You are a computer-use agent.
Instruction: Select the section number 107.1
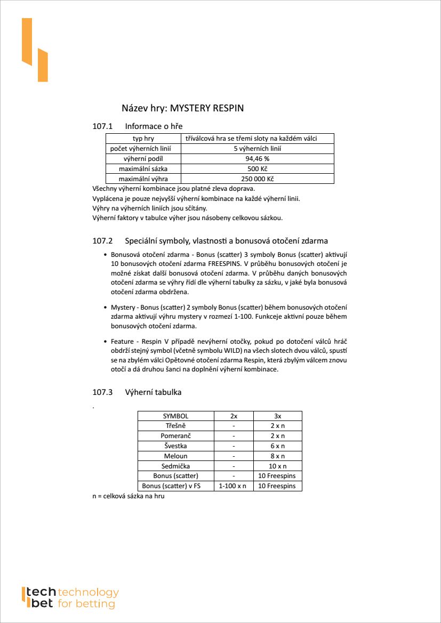(103, 126)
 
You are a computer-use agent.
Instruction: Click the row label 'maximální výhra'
(143, 179)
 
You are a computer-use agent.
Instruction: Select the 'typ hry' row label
(143, 139)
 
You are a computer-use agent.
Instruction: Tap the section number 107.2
(103, 240)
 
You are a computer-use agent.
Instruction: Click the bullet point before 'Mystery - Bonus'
(106, 308)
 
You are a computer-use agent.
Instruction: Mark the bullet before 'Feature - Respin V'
(106, 341)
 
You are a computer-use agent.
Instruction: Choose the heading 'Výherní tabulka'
(153, 392)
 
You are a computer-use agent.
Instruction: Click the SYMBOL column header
(175, 416)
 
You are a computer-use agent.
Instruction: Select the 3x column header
(277, 416)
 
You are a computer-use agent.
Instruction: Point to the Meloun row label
(175, 456)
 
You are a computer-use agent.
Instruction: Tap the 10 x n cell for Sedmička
(277, 466)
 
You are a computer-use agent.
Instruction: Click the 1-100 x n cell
(234, 486)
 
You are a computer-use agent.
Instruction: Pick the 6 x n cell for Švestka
(277, 446)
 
